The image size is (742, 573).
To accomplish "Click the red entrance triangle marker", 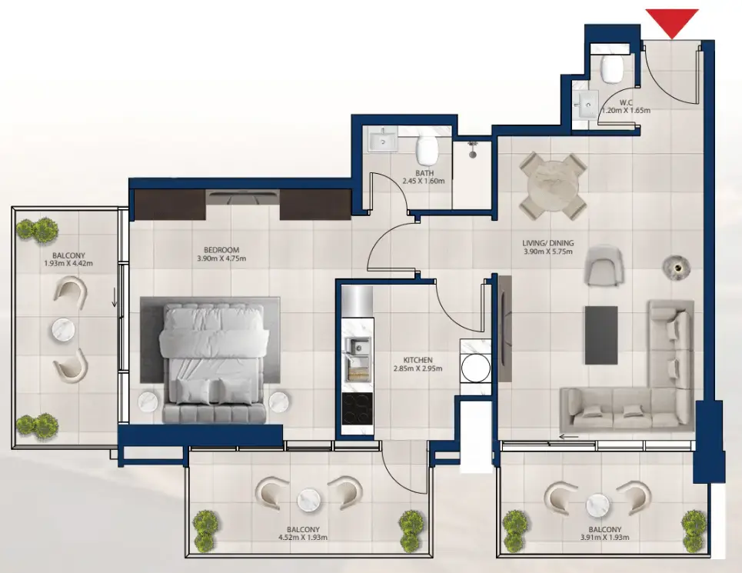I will (672, 22).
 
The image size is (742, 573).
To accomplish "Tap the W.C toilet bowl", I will (613, 68).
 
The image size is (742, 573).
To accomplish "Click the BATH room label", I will (424, 173).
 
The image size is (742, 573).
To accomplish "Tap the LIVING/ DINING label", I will (548, 245).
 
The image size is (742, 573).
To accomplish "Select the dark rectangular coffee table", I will (601, 335).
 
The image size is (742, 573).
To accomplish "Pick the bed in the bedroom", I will (215, 361).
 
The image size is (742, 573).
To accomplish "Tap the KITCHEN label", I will (418, 359).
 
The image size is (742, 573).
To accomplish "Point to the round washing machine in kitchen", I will (475, 368).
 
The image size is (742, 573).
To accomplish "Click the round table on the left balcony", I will (65, 331).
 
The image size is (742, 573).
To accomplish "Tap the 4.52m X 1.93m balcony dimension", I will (304, 539).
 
